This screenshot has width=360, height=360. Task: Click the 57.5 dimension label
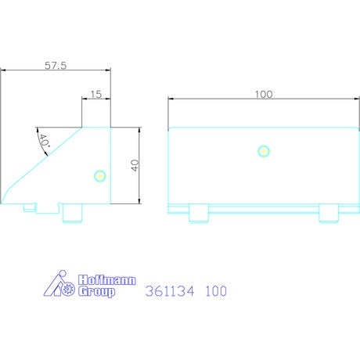point(56,65)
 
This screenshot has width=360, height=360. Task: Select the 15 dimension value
point(96,94)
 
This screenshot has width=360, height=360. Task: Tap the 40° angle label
point(44,142)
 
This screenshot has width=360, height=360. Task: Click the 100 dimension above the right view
point(264,94)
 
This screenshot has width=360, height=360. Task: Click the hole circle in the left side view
point(100,176)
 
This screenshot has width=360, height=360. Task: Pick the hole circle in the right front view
point(264,151)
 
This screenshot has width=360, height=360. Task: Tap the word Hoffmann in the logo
point(107,280)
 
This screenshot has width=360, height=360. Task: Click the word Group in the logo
point(96,292)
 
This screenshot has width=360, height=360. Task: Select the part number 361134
point(170,291)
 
